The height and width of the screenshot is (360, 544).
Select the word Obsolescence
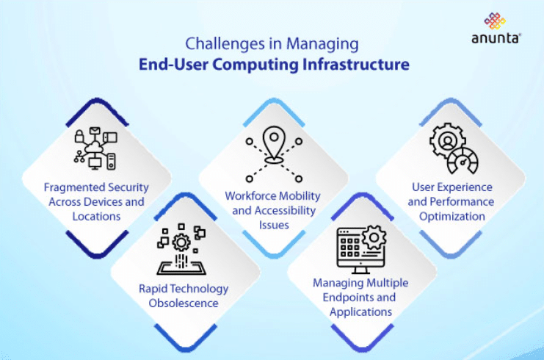pos(183,303)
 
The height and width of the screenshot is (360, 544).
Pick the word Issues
pos(275,225)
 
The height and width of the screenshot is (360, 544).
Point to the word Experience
pos(467,187)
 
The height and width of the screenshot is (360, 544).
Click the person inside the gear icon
pos(446,140)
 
